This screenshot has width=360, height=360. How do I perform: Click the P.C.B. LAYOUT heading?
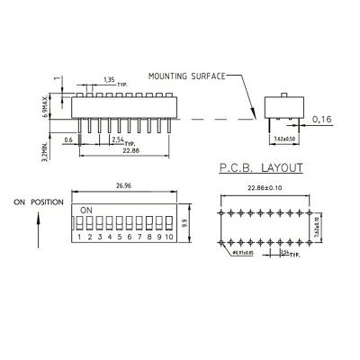260,168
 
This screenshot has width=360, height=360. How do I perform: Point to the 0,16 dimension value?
323,118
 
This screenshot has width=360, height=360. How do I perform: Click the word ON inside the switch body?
86,210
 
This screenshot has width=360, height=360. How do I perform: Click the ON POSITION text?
38,203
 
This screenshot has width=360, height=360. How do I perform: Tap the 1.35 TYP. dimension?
111,80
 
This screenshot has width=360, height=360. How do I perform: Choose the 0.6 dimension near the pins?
67,139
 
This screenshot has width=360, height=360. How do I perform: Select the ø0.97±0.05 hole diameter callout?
242,254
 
